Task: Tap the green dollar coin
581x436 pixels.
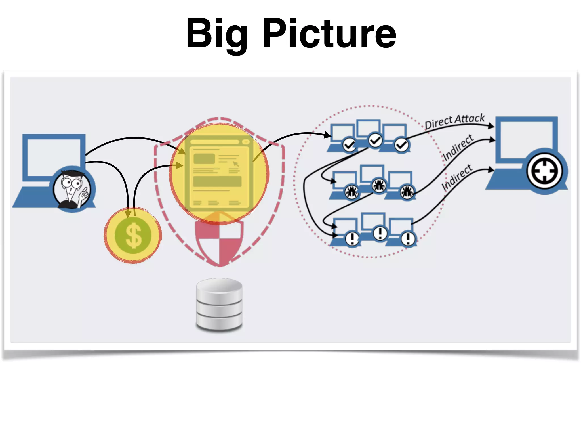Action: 133,235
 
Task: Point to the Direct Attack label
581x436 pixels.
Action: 454,121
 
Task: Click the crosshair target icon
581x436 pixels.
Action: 544,171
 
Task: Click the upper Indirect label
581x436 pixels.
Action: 458,147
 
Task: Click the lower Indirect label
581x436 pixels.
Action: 457,177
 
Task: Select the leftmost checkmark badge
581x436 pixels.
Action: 349,145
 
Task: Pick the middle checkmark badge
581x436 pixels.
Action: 375,140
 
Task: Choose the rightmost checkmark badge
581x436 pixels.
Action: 401,145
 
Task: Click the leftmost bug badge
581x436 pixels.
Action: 352,192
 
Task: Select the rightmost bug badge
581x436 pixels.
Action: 407,192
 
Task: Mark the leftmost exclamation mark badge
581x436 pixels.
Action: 352,238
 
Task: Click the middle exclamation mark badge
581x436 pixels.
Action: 380,233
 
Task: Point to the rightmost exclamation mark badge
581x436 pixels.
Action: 408,238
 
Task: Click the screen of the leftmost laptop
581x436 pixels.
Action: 54,156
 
